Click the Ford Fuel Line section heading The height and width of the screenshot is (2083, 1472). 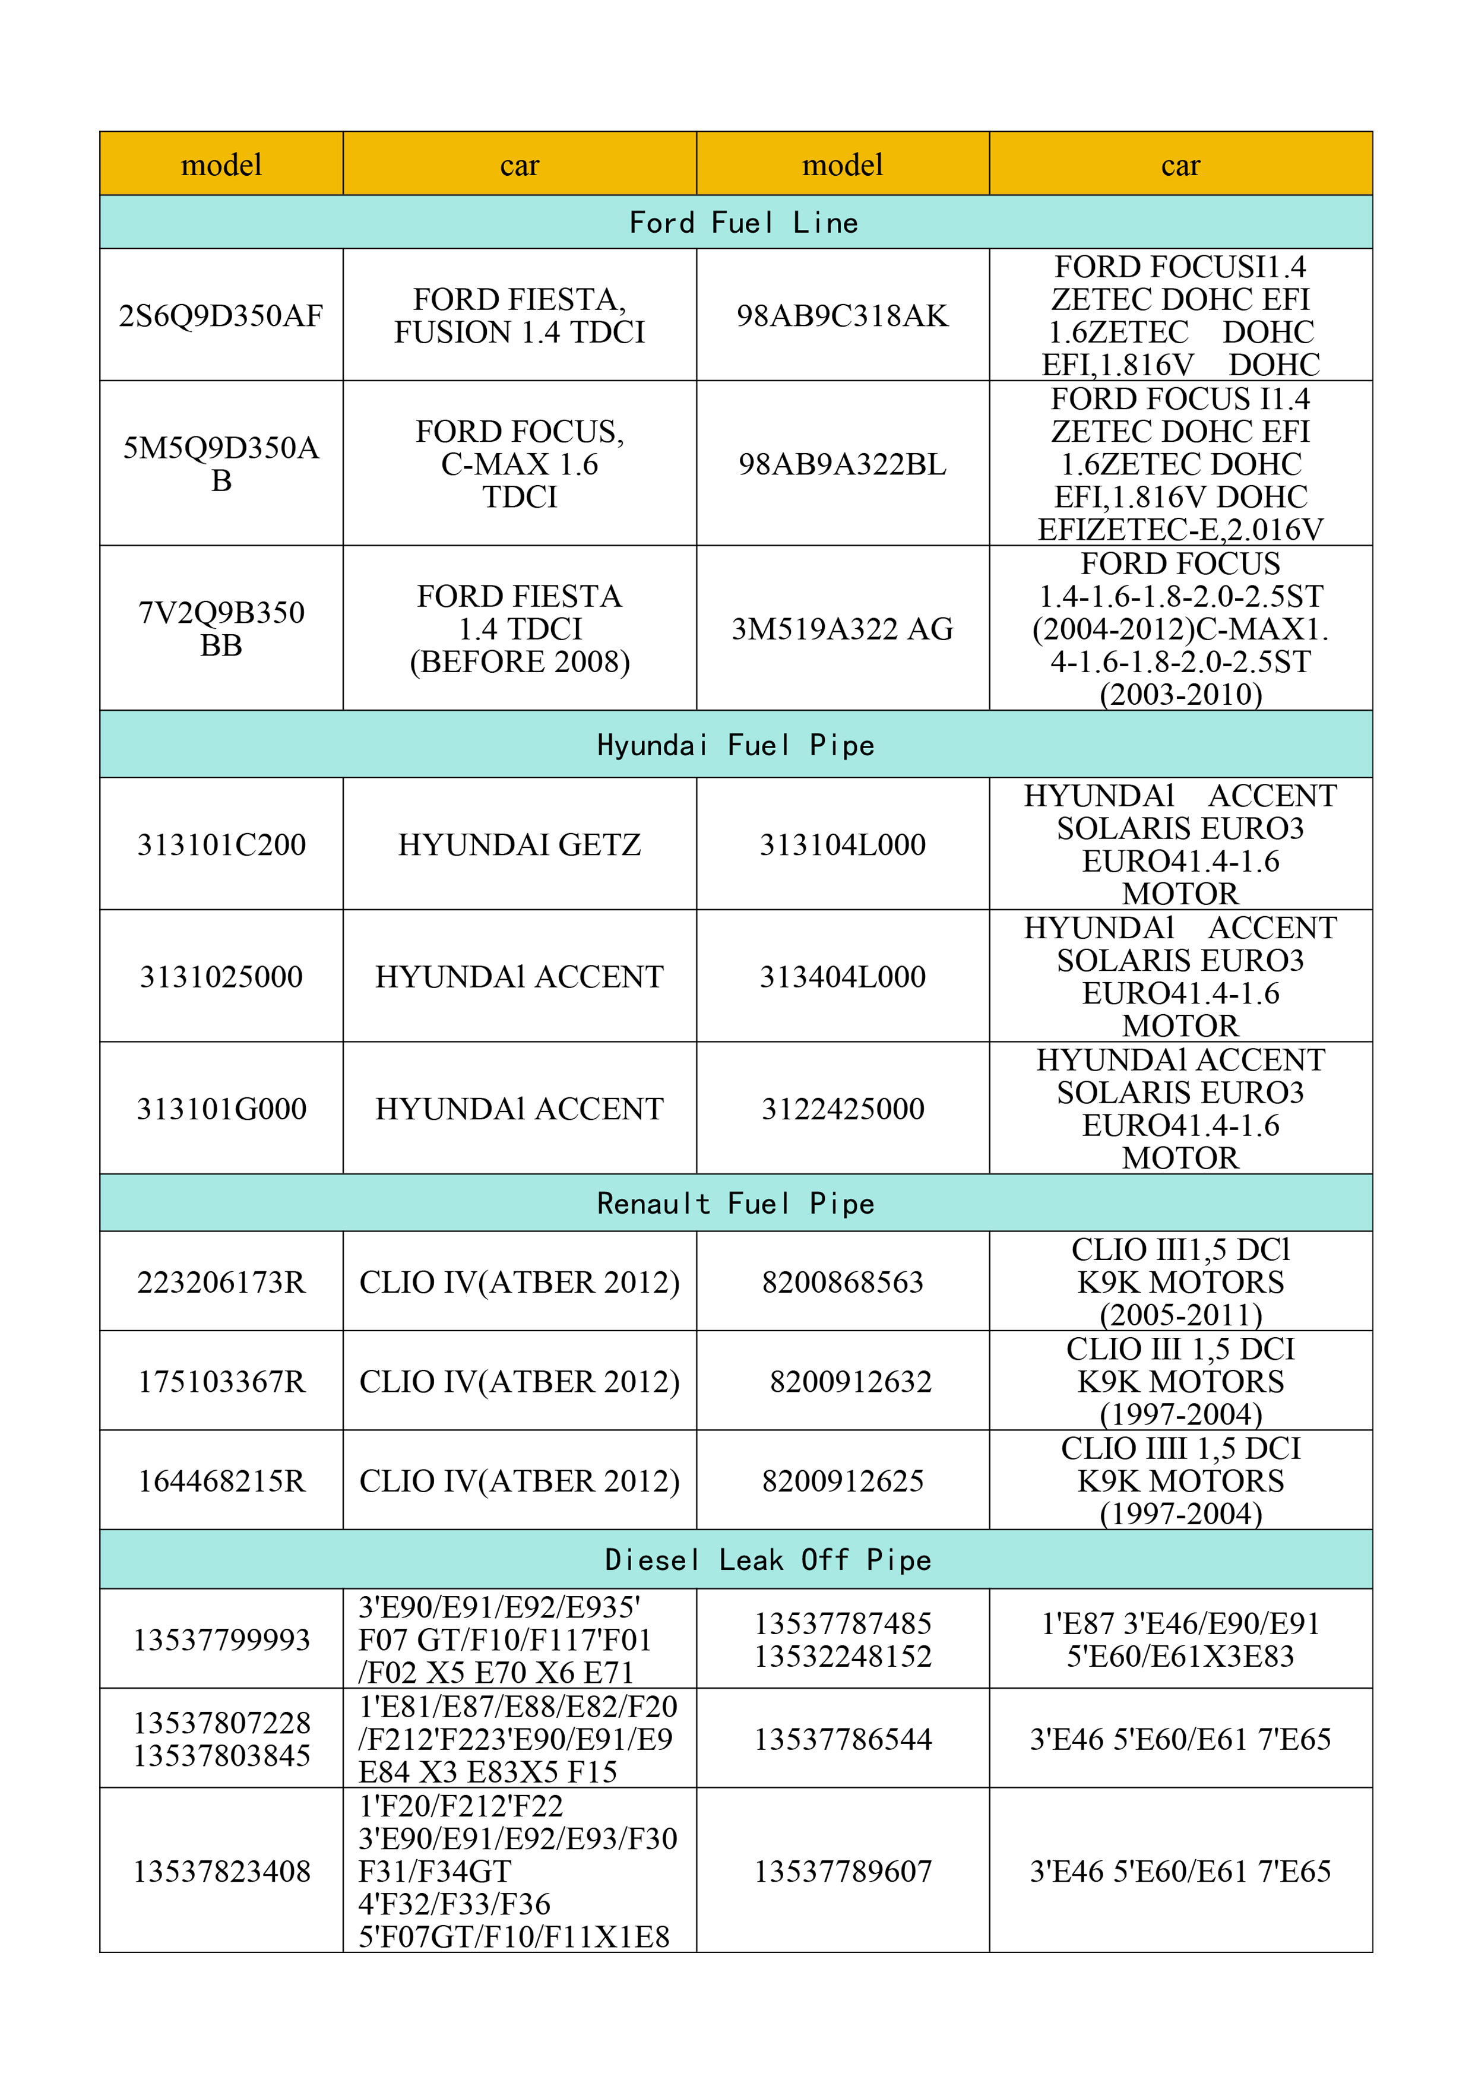(743, 222)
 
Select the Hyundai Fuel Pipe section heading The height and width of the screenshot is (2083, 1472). (736, 745)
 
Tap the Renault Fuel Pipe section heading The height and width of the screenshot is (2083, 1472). (736, 1203)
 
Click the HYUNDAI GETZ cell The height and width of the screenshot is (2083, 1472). (519, 844)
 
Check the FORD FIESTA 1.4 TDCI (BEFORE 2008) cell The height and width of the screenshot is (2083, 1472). (519, 629)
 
